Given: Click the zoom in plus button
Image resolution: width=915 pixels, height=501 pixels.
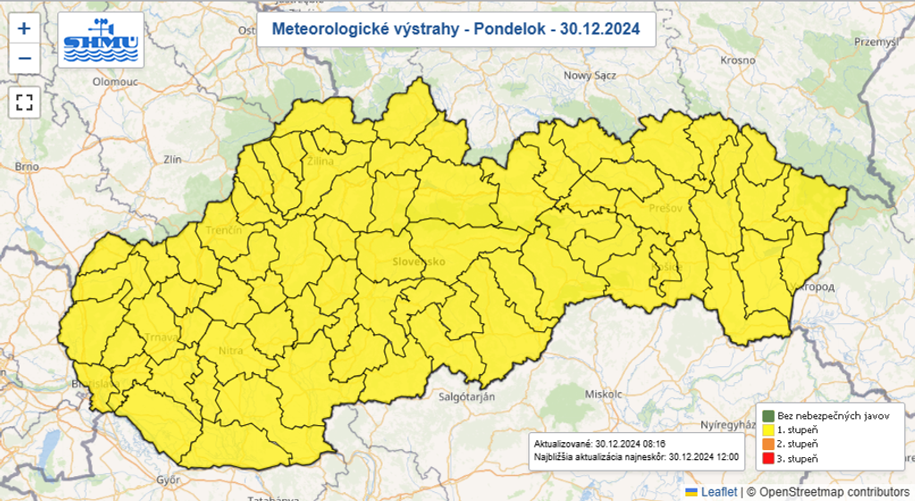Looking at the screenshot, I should (x=24, y=28).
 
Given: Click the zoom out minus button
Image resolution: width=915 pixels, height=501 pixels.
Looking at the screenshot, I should (x=24, y=59).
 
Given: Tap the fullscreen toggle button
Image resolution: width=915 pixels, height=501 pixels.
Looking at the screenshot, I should (x=24, y=102).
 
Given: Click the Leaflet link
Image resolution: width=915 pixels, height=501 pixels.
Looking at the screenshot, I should (x=718, y=492).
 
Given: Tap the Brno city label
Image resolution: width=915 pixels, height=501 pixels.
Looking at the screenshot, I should (x=28, y=167).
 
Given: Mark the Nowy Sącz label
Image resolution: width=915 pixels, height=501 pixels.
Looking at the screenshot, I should (x=592, y=76).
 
